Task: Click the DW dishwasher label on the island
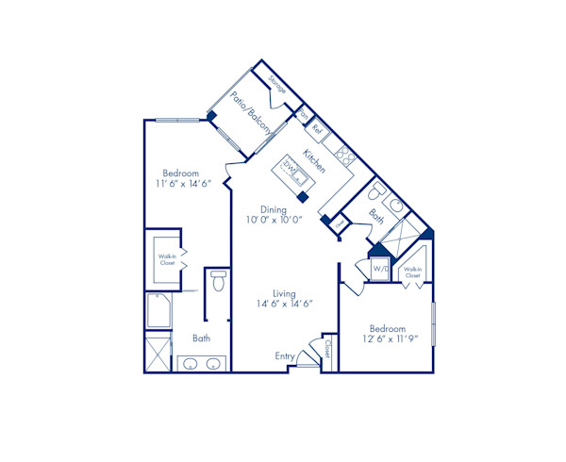pyautogui.click(x=290, y=171)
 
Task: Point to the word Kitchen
pyautogui.click(x=315, y=159)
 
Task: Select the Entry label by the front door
pyautogui.click(x=285, y=355)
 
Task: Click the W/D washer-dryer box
pyautogui.click(x=381, y=270)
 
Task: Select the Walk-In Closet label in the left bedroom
pyautogui.click(x=167, y=259)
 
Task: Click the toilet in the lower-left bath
pyautogui.click(x=218, y=281)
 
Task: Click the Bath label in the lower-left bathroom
pyautogui.click(x=201, y=338)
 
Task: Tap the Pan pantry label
pyautogui.click(x=304, y=116)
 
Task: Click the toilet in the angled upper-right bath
pyautogui.click(x=397, y=206)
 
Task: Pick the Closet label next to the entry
pyautogui.click(x=328, y=350)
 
